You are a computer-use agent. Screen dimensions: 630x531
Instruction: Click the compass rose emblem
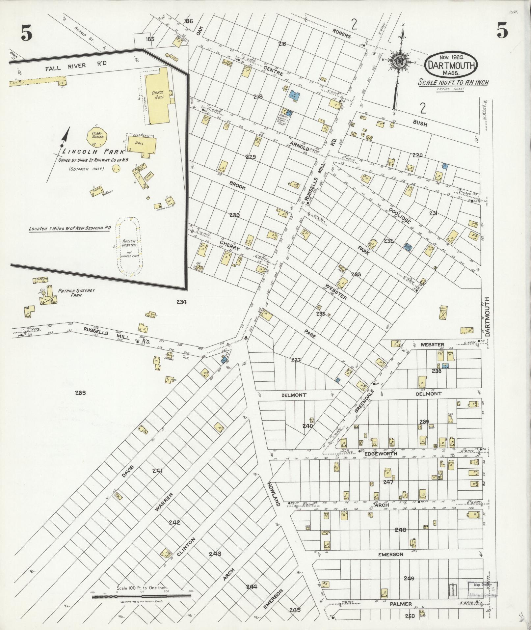coord(399,60)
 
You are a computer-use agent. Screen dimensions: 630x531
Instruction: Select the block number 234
coord(181,302)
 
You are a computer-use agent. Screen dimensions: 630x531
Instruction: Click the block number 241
coord(158,471)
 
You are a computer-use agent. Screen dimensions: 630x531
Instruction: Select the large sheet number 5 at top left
coord(26,33)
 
